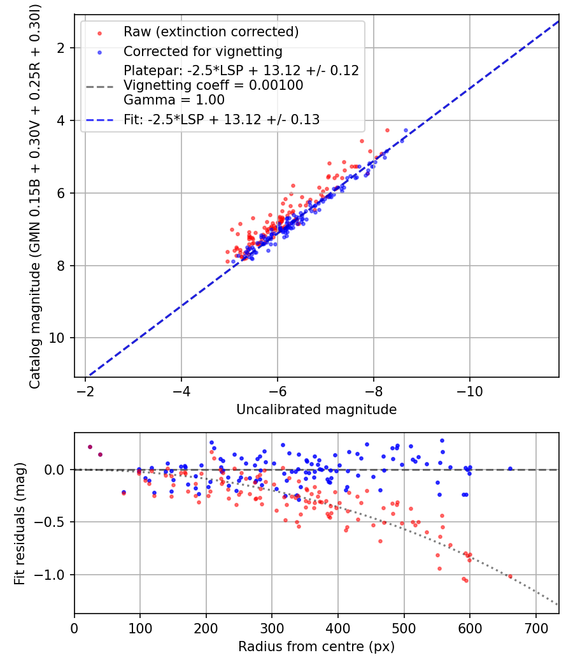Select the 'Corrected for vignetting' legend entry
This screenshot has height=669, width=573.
click(202, 51)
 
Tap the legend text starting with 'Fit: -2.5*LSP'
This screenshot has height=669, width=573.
click(222, 119)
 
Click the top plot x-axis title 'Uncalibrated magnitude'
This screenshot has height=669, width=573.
click(316, 410)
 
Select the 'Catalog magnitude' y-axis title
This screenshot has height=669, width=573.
click(36, 196)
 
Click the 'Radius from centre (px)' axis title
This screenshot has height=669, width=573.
click(316, 647)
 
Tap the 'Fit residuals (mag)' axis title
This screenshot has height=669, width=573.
click(20, 523)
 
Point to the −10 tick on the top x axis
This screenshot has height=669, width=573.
click(469, 391)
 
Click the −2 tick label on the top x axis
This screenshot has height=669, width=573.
click(85, 391)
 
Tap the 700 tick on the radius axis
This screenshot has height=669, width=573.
click(535, 628)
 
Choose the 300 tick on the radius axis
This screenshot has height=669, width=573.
click(272, 628)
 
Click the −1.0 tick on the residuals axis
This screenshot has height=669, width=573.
click(55, 575)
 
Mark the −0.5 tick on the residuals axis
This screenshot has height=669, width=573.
click(55, 522)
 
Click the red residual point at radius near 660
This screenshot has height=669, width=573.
click(509, 576)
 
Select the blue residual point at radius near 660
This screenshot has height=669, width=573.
click(510, 469)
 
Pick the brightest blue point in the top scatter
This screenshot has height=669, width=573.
click(406, 130)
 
